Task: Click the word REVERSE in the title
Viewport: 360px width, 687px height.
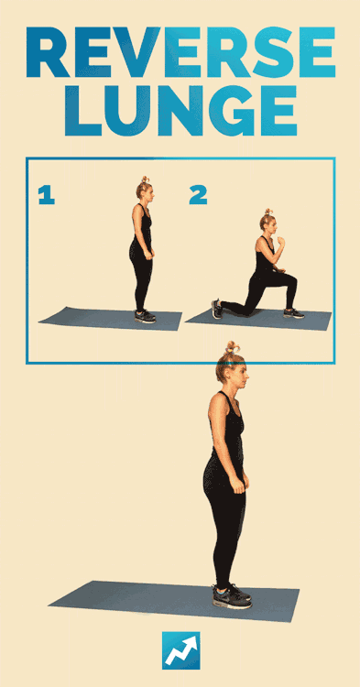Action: (180, 51)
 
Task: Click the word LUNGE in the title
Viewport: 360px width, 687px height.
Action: (180, 111)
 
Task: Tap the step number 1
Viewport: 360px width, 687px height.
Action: (47, 195)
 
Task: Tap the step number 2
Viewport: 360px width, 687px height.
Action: (198, 195)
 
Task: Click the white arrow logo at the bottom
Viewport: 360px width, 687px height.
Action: (180, 651)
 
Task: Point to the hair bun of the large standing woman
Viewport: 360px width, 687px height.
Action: (233, 348)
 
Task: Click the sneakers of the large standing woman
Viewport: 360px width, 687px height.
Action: (232, 596)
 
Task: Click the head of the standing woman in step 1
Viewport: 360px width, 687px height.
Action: (145, 190)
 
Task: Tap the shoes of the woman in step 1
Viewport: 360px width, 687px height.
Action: (145, 316)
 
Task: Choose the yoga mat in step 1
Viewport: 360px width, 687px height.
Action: (110, 319)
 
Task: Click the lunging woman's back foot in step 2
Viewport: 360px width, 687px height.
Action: (217, 309)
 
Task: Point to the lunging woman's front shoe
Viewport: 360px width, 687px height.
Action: (293, 313)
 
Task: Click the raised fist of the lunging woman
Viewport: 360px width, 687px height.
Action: (280, 241)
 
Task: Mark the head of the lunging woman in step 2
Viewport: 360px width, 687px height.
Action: (268, 222)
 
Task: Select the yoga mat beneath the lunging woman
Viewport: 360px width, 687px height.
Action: (258, 320)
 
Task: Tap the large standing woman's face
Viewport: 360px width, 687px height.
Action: (242, 376)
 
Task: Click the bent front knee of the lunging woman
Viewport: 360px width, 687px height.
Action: (291, 280)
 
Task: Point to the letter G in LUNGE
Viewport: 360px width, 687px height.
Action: (230, 111)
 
